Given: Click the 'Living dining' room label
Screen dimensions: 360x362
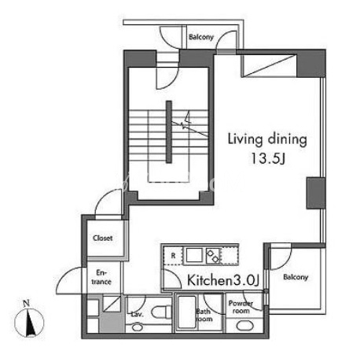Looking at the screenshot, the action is coord(267,139).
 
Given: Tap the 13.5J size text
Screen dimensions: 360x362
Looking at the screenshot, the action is coord(268,158).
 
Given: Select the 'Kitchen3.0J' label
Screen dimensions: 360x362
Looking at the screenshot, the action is coord(223,280).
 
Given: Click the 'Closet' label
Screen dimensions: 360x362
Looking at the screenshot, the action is coord(103,238).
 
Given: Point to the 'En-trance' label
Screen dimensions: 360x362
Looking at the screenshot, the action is coord(101,277).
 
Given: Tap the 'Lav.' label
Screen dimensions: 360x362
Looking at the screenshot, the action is coord(138,314).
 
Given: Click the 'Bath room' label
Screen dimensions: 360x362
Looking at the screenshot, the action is coord(204,316).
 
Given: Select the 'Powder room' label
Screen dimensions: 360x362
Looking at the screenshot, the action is coord(241,307).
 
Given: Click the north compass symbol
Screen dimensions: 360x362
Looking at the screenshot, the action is coord(29,323).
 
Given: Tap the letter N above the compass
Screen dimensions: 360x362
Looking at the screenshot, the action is coord(26,304).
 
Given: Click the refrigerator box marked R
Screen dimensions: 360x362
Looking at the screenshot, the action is coord(173,256).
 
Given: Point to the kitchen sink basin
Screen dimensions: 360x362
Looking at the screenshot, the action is coord(194,255).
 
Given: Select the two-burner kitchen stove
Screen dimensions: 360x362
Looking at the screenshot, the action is coord(213,256).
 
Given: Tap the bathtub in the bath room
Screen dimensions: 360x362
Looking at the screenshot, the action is coord(186,312).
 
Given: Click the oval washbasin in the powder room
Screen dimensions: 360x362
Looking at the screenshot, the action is coord(245,326).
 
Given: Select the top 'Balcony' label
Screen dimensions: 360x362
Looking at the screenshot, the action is coord(201,37).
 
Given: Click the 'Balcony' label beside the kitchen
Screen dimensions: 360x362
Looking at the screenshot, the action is coord(296,277).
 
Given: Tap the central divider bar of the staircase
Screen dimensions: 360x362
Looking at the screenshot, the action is coord(169,132).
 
